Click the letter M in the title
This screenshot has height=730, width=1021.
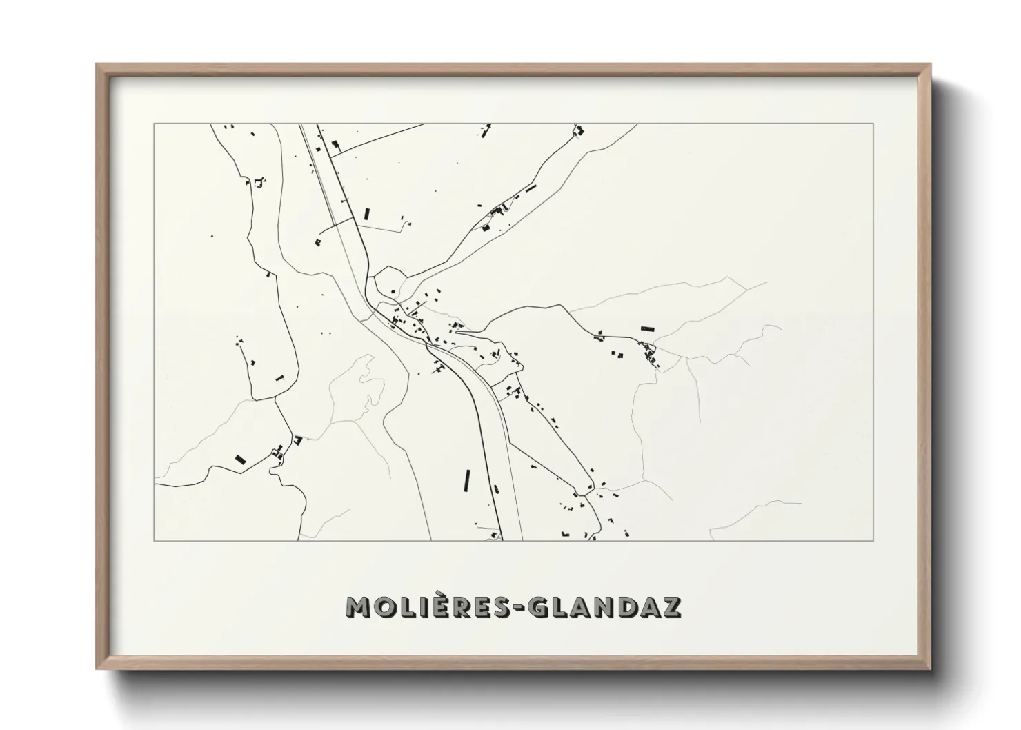click(x=360, y=607)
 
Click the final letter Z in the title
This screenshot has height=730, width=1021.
click(x=672, y=607)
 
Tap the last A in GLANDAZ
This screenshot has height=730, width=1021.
click(x=649, y=607)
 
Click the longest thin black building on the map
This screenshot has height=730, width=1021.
click(x=467, y=480)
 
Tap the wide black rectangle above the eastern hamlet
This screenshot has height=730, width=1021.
click(x=646, y=329)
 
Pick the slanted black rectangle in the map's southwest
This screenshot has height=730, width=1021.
click(x=241, y=459)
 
